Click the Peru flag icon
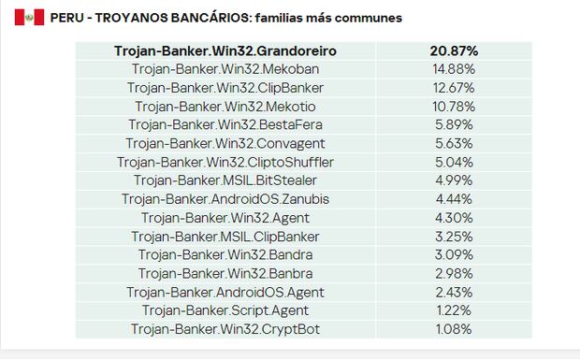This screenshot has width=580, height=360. coord(29,18)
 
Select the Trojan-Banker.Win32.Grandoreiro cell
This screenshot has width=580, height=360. coord(225,51)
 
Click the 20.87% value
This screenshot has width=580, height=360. coord(454,51)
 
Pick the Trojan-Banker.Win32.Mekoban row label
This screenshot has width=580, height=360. coord(225,69)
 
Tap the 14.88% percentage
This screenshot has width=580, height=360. coord(454,69)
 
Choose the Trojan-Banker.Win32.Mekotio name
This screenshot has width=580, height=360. coord(225,107)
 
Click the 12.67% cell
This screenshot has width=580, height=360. coord(454,88)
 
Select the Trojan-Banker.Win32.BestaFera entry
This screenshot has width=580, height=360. coord(225,125)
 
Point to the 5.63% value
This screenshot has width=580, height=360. coord(454,144)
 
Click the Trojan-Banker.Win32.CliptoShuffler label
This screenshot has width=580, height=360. coord(225,163)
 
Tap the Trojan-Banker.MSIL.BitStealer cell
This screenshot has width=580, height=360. coord(225,180)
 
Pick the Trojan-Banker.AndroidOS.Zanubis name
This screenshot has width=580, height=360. coord(225,199)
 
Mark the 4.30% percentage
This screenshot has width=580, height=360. coord(454,218)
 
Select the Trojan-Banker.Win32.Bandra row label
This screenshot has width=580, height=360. coord(225,255)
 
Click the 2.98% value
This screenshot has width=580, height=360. coord(454,274)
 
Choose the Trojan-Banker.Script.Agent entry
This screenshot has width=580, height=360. coord(225,310)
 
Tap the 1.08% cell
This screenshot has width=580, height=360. coord(454,329)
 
